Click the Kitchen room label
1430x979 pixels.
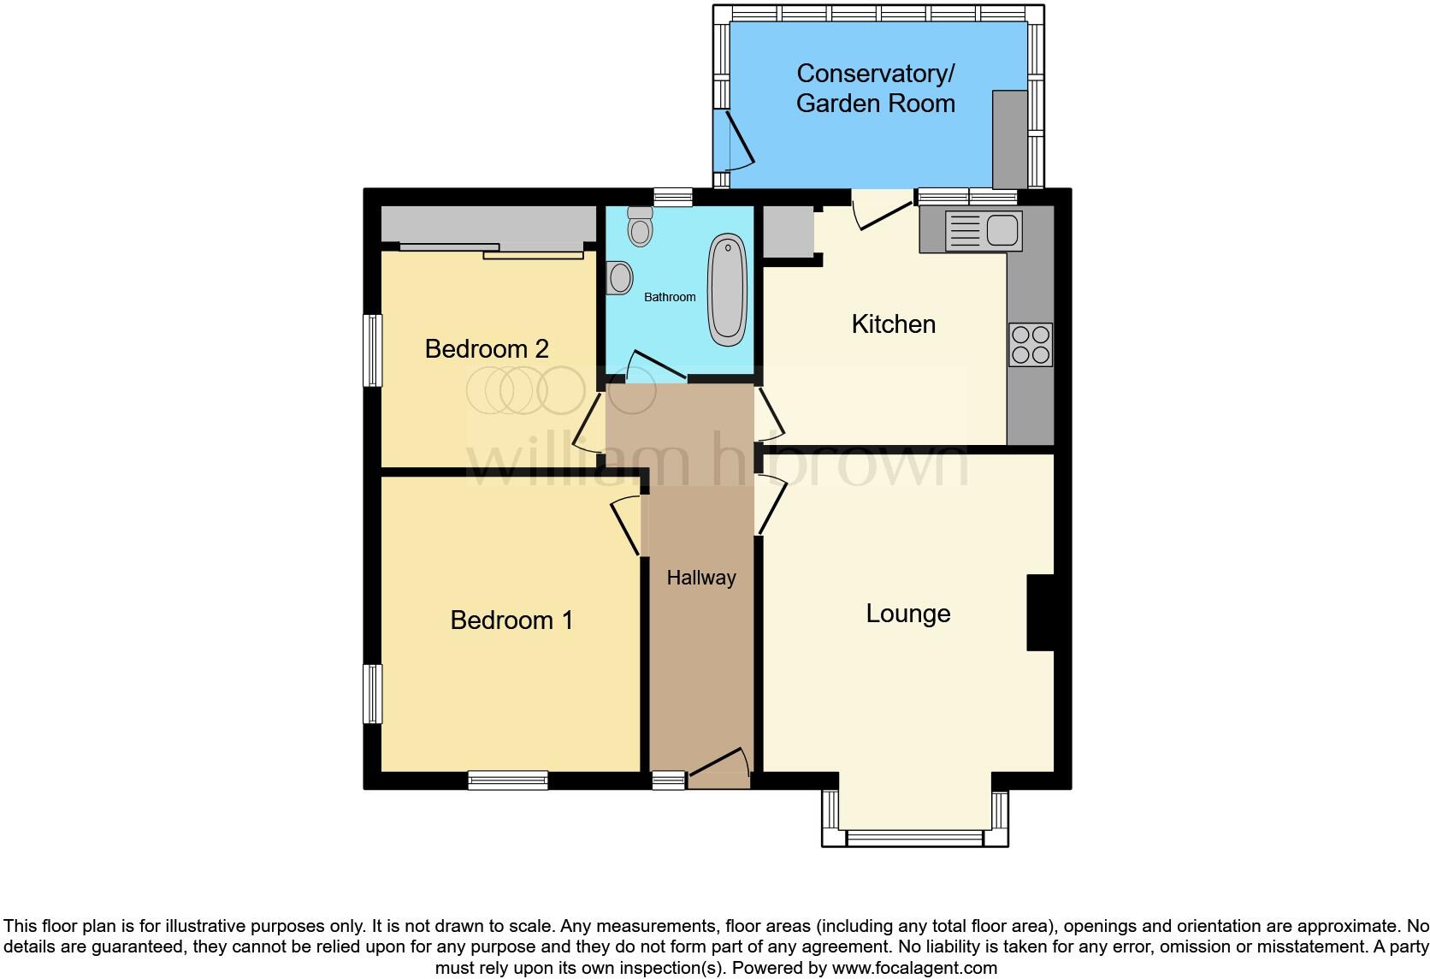click(x=893, y=324)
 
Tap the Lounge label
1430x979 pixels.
click(x=907, y=614)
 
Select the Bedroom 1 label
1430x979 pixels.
click(x=511, y=620)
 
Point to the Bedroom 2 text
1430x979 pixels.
click(x=486, y=349)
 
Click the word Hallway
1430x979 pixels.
click(x=701, y=578)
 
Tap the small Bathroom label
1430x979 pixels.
click(x=670, y=297)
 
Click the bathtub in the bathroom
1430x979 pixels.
click(x=727, y=290)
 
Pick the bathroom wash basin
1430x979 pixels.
click(x=619, y=277)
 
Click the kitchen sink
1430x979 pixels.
click(x=1001, y=230)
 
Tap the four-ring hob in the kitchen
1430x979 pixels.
click(x=1030, y=344)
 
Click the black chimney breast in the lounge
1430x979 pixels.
click(x=1040, y=613)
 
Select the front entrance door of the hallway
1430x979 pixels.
click(x=719, y=768)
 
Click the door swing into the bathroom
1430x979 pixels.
click(x=657, y=366)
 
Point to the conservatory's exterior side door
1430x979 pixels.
click(x=736, y=140)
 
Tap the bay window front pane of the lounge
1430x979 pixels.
click(x=914, y=837)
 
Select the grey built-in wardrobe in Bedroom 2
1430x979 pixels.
click(x=487, y=225)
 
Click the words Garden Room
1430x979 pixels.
click(x=875, y=104)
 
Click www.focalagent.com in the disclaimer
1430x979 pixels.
click(x=913, y=968)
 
